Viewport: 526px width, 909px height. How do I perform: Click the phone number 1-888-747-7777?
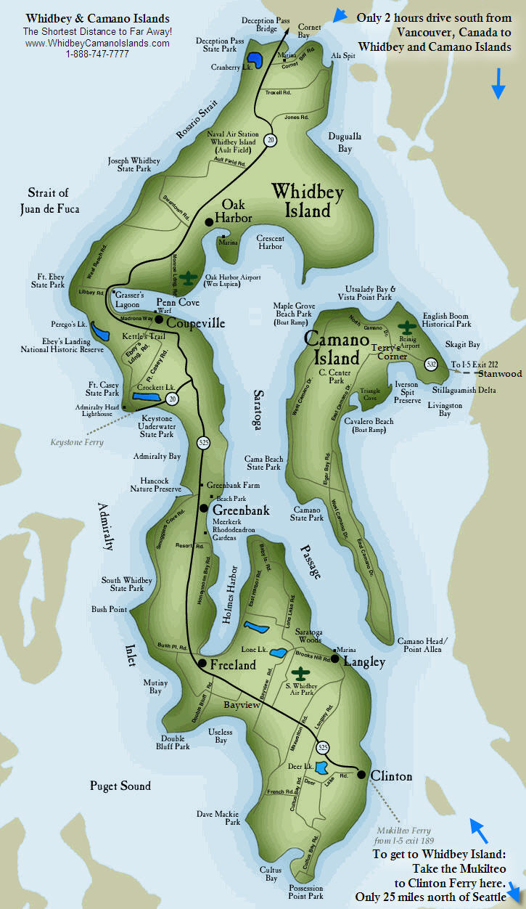coord(97,54)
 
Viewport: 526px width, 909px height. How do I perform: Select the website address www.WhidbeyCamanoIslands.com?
coord(97,43)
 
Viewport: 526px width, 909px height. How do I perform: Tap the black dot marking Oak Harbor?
coord(208,222)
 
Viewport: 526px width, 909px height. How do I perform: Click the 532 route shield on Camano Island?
coord(431,364)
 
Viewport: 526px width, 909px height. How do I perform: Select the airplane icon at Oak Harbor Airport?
coord(190,278)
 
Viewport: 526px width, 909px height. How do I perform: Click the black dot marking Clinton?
coord(361,775)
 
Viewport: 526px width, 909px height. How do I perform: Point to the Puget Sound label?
coord(120,786)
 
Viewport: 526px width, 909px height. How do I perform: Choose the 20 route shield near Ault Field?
coord(270,139)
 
